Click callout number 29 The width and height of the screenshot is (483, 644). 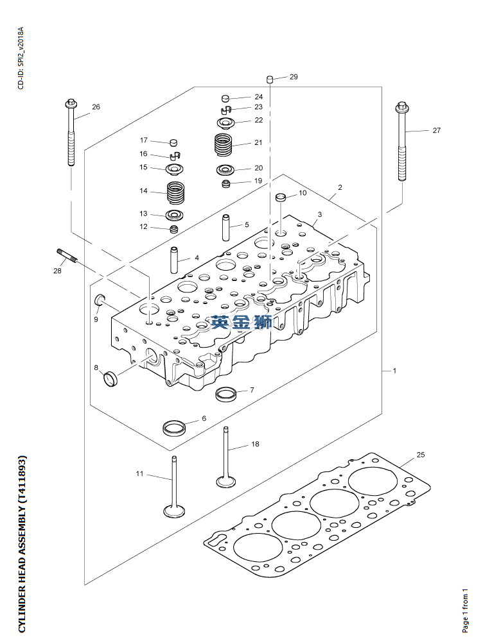coord(294,77)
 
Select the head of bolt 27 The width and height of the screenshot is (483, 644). coord(402,106)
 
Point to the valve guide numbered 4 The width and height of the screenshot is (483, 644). coord(175,259)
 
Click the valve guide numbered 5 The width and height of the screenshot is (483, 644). coord(226,226)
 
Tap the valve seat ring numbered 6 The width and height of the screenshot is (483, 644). coord(174,427)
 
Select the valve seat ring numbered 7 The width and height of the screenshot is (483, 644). coord(225,393)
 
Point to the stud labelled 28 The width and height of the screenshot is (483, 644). coord(66,255)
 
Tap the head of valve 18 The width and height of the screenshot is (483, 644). coord(225,481)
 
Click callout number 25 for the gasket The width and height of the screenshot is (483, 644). coord(421,455)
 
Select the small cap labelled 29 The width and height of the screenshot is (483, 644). coord(270,80)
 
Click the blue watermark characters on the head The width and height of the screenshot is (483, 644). coord(241,323)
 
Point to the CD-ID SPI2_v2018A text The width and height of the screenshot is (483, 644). coord(21,58)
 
